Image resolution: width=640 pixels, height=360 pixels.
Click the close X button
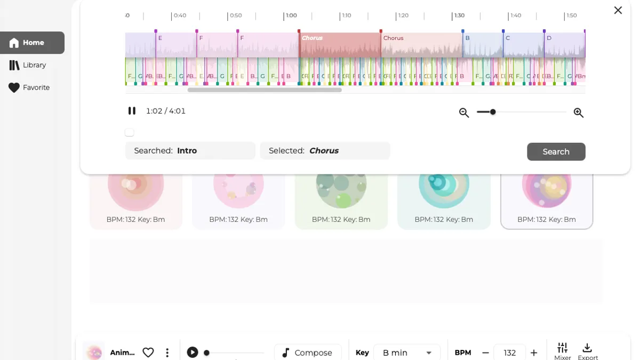618,10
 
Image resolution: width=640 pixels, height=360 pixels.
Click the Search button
556,151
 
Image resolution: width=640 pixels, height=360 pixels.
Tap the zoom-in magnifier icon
578,113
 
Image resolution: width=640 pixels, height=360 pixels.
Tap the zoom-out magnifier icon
464,113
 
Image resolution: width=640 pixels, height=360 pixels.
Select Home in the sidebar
33,43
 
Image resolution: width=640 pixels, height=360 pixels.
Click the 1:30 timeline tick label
459,15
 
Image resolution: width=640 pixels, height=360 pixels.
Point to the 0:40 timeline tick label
180,15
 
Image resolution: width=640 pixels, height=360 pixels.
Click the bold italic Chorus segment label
313,38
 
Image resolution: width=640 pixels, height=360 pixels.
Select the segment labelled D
549,38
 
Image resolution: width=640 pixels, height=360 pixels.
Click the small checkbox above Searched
130,132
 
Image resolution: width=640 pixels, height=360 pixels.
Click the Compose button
308,353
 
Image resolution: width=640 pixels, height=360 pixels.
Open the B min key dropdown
406,353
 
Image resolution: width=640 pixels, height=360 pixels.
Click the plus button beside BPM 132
534,353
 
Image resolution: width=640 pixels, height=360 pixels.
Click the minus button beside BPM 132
485,353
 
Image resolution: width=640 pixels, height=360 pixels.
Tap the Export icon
587,350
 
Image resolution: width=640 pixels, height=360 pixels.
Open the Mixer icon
562,350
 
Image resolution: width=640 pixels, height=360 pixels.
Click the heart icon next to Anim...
148,353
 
